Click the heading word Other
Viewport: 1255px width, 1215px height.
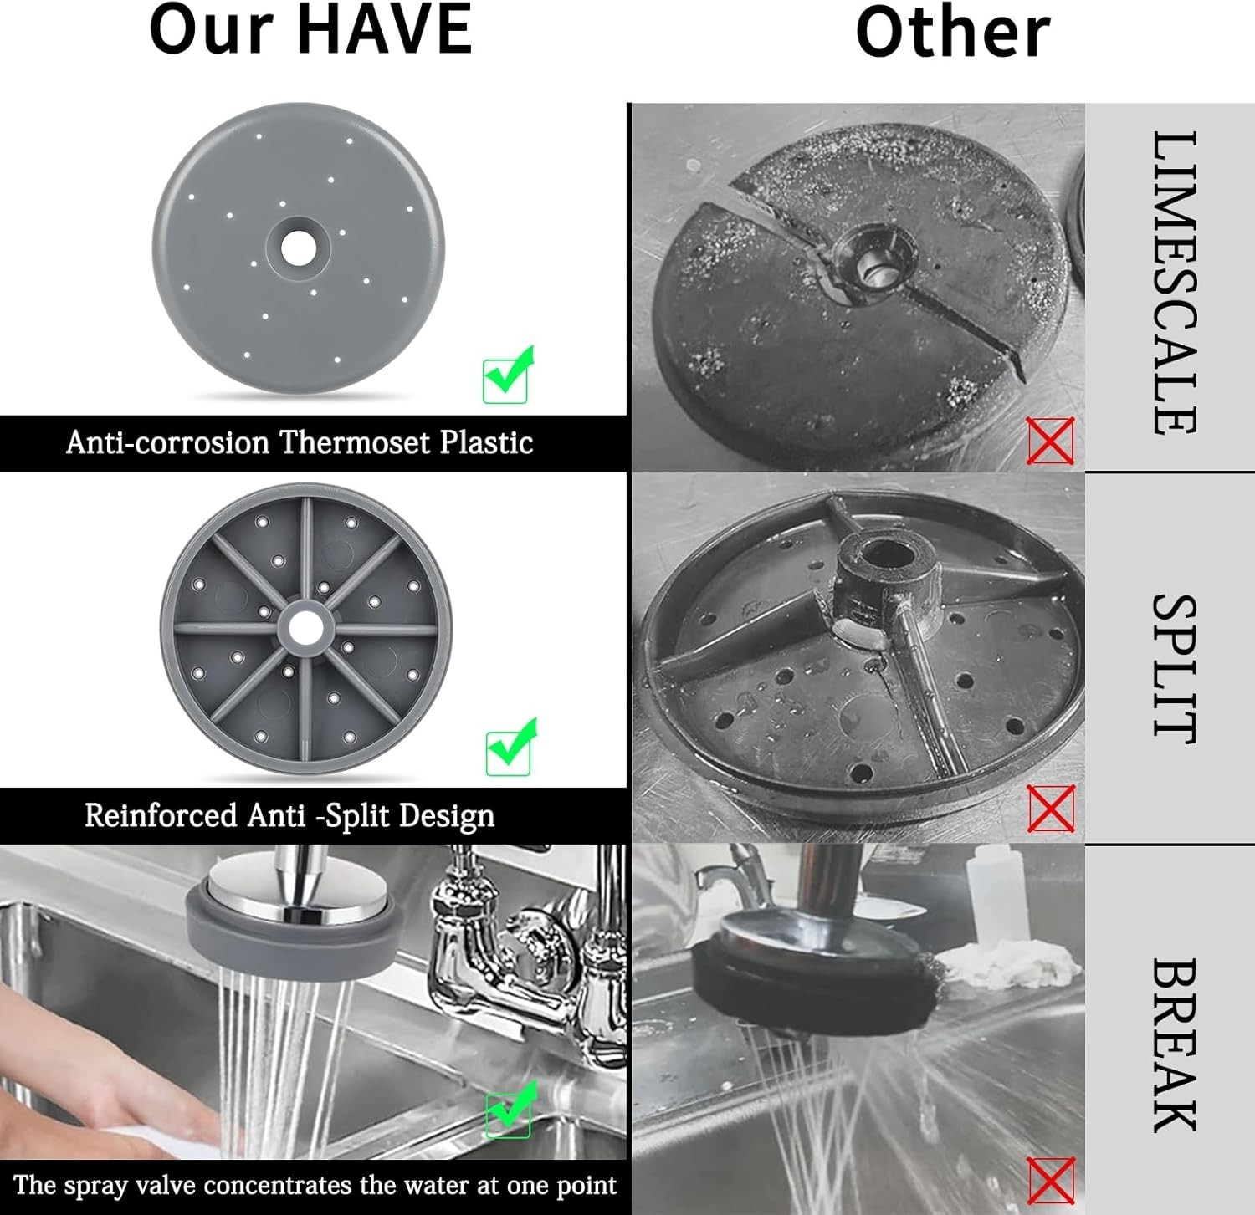coord(953,32)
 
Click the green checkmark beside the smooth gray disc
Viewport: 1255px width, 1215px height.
coord(508,375)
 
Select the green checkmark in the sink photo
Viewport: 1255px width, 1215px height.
coord(510,1109)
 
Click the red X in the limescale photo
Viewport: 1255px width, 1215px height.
coord(1051,441)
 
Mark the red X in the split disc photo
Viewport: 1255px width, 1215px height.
coord(1051,809)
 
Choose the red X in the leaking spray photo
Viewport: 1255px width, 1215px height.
coord(1051,1181)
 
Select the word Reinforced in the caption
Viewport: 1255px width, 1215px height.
coord(161,814)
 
